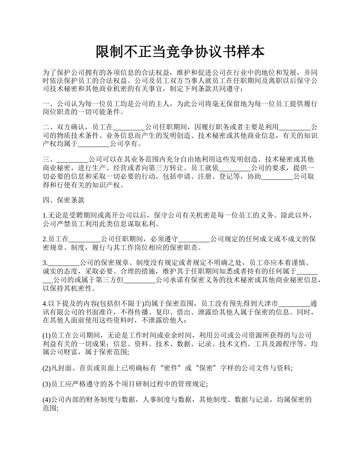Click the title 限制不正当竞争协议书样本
[180, 52]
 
